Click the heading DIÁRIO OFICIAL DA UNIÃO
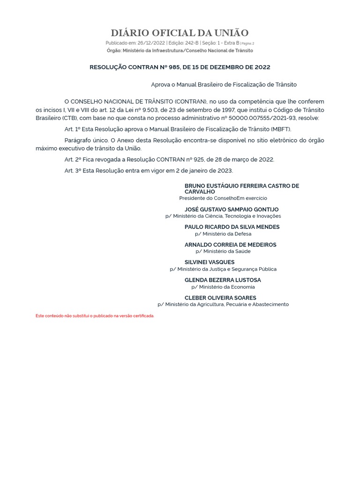[180, 33]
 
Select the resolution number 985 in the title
[168, 67]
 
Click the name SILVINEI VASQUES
[210, 262]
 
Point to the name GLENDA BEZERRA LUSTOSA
[223, 280]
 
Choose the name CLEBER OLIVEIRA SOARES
[220, 298]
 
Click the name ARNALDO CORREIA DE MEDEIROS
[230, 245]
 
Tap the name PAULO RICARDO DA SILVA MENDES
[232, 227]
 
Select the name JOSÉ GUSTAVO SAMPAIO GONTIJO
[232, 210]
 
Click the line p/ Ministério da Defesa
[223, 233]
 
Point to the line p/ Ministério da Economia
[223, 287]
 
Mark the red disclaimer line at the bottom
[95, 316]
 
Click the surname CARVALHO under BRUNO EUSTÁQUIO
[200, 192]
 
